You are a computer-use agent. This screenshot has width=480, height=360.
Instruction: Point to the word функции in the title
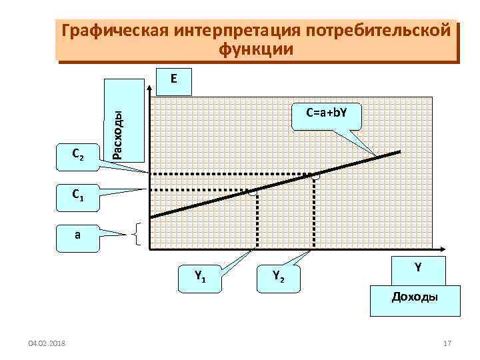point(255,49)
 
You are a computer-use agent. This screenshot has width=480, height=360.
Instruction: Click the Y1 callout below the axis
point(199,274)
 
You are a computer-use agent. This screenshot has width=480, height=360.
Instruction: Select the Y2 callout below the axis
point(279,274)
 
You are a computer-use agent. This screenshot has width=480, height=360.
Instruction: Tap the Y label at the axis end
point(417,267)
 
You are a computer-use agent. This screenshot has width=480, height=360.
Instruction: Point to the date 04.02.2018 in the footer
point(47,343)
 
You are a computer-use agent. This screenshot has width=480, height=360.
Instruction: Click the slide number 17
point(447,343)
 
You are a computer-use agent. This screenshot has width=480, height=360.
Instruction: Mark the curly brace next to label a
point(137,234)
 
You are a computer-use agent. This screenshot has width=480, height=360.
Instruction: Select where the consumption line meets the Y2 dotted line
point(314,175)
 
